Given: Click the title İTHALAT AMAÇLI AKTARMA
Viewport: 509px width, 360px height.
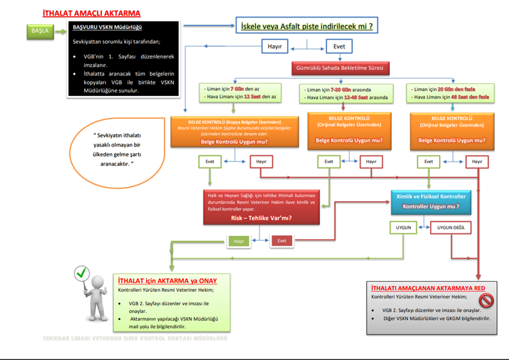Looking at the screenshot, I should pos(91,13).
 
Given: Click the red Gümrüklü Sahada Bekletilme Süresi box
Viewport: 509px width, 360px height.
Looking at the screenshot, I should pos(340,67).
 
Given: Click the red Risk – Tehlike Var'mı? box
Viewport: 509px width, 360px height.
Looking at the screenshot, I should pos(261,207).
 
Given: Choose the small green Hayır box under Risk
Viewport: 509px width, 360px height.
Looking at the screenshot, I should pos(239,242).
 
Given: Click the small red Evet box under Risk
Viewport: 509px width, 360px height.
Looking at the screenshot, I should pos(282,242).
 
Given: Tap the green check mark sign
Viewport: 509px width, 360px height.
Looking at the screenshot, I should pos(81,274).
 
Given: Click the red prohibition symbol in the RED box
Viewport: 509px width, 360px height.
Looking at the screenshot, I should pos(486,300).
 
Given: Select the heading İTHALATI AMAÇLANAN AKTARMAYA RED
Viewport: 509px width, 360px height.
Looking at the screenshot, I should pos(421,288).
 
